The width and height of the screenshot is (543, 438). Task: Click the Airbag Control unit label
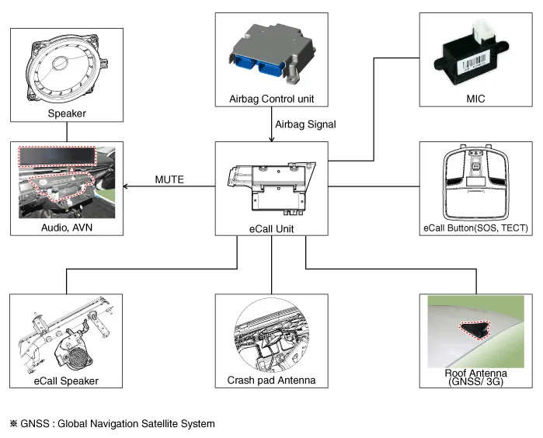[271, 99]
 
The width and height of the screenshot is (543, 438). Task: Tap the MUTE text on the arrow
[169, 179]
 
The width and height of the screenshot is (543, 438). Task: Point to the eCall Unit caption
[271, 228]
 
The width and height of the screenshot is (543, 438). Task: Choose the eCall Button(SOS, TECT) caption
[475, 228]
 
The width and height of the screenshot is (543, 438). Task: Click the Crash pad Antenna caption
[271, 381]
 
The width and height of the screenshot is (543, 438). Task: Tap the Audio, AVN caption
[65, 228]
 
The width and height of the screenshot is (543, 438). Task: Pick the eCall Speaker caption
[65, 381]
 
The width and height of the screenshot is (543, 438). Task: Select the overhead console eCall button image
[474, 183]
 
